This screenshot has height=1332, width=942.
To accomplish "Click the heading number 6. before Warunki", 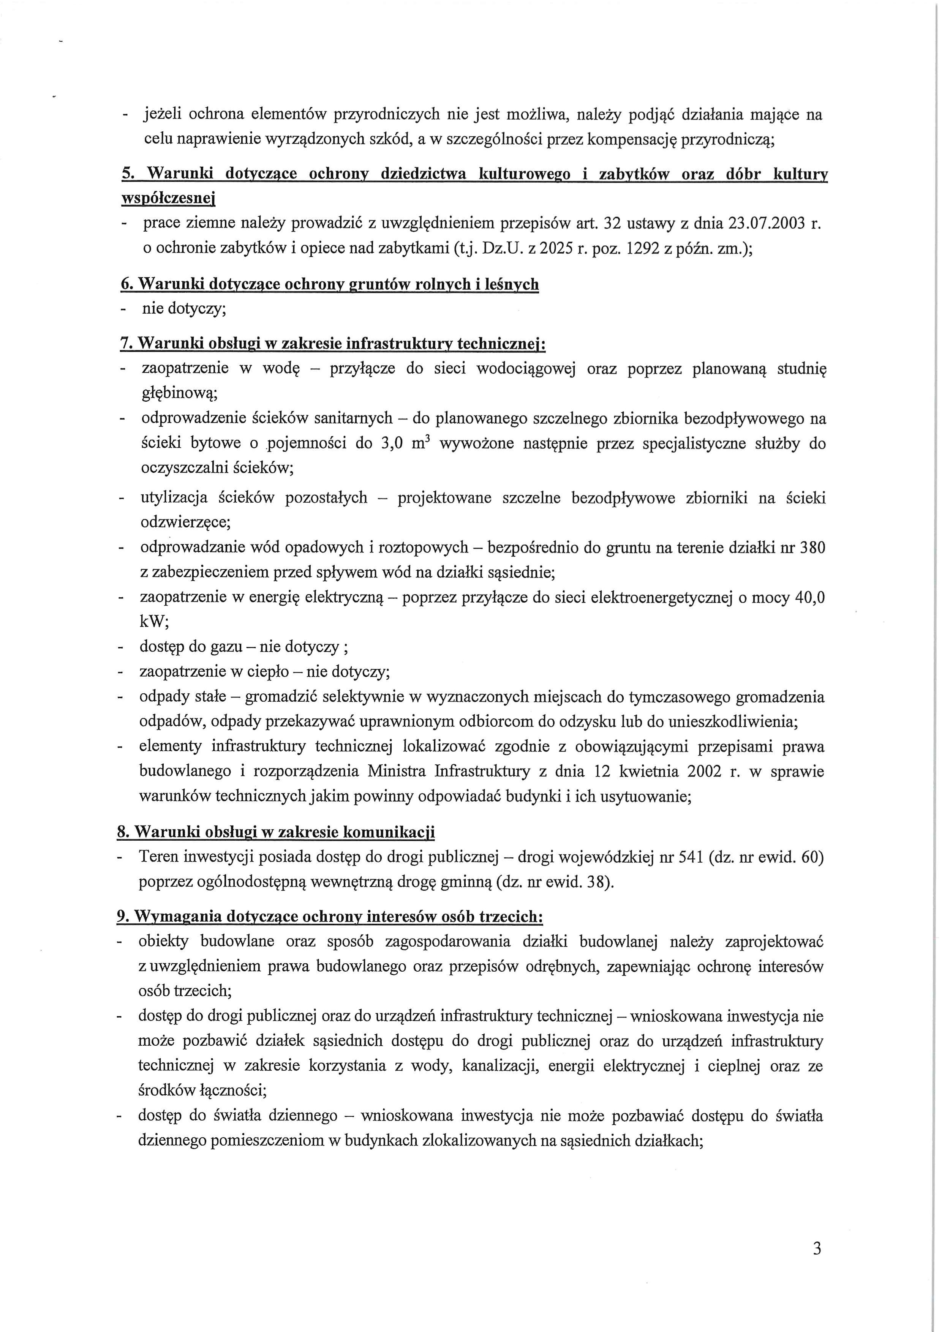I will pyautogui.click(x=126, y=285).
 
